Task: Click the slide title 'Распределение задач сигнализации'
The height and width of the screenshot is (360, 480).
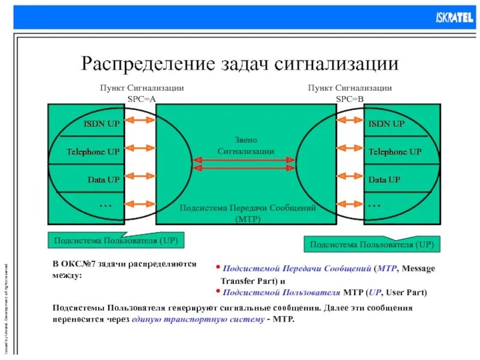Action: tap(239, 63)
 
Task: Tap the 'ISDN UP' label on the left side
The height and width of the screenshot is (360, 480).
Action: tap(101, 124)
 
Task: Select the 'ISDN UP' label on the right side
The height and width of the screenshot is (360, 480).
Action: tap(386, 124)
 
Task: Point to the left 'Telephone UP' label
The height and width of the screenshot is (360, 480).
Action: tap(93, 152)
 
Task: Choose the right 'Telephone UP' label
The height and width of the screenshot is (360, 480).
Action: tap(395, 152)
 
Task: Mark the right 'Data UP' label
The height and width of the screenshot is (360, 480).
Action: tap(384, 179)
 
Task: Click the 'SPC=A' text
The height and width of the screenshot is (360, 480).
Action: tap(142, 98)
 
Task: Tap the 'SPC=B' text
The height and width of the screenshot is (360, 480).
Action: tap(350, 98)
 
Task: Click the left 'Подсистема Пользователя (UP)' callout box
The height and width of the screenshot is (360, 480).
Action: tap(116, 241)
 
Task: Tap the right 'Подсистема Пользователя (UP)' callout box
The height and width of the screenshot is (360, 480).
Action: tap(372, 245)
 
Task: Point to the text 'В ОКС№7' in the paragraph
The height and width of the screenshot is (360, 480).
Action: tap(70, 264)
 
